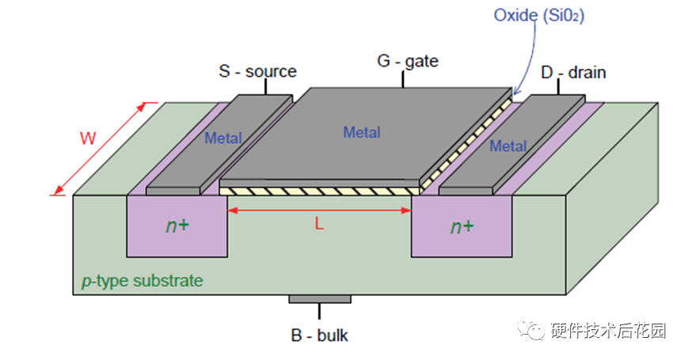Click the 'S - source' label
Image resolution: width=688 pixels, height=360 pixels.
tap(257, 71)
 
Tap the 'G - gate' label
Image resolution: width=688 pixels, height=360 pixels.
tap(408, 61)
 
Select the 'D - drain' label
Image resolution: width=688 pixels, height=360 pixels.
tap(573, 72)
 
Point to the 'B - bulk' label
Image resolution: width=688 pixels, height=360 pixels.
tap(319, 335)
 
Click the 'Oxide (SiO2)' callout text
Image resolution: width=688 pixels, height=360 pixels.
tap(539, 15)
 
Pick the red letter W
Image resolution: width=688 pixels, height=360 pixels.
tap(88, 138)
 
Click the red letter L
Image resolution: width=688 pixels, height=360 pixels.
tap(319, 224)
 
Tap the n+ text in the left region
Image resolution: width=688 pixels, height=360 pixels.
tap(177, 225)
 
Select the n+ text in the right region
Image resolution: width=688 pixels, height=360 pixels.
tap(462, 227)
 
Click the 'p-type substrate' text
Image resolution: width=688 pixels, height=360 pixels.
tap(143, 281)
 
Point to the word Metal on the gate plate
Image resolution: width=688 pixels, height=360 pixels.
tap(362, 132)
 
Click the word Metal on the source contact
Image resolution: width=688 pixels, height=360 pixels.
tap(223, 138)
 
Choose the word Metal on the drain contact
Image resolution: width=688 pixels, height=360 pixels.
tap(508, 146)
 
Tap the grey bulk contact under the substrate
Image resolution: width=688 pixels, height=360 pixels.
tap(319, 299)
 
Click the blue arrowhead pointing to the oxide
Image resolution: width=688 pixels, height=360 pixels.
tap(516, 91)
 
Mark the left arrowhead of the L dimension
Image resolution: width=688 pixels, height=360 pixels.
tap(232, 210)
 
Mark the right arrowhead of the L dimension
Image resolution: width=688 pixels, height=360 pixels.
tap(406, 210)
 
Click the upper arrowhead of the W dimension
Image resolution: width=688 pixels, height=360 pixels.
tap(141, 107)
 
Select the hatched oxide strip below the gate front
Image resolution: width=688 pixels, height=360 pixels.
tap(319, 191)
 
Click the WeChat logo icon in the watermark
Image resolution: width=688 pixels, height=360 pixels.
tap(531, 329)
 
